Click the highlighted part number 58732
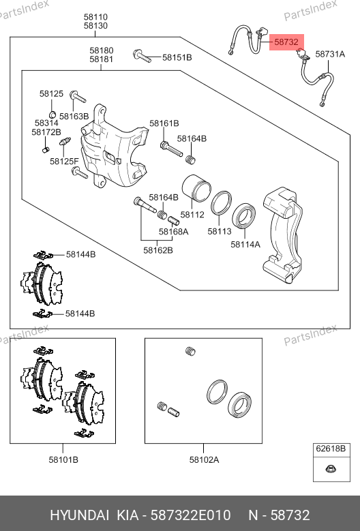286,42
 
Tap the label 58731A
330,54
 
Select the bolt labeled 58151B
142,56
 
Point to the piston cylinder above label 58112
196,187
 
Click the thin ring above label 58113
221,203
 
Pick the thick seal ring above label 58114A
244,216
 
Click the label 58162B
157,250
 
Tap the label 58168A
173,232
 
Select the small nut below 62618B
330,469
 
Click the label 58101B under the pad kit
63,459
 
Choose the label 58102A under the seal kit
204,459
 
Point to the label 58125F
64,161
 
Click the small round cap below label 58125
52,114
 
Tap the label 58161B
164,123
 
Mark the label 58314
46,123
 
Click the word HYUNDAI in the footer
80,515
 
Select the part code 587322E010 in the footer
190,515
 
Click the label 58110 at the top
95,17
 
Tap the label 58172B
46,132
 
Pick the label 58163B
74,116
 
